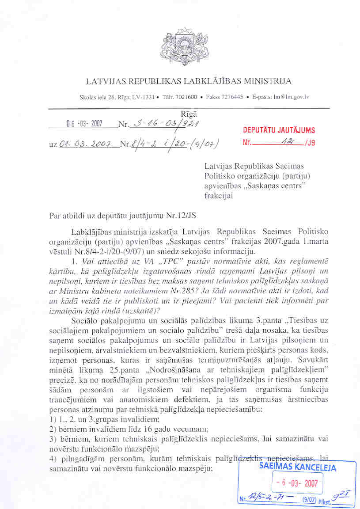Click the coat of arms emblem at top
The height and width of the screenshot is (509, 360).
180,46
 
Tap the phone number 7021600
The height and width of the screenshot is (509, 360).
189,97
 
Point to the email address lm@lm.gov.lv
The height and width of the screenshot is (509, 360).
293,97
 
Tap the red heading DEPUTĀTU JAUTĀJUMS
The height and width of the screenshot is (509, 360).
278,130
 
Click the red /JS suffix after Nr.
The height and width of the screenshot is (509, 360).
310,143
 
